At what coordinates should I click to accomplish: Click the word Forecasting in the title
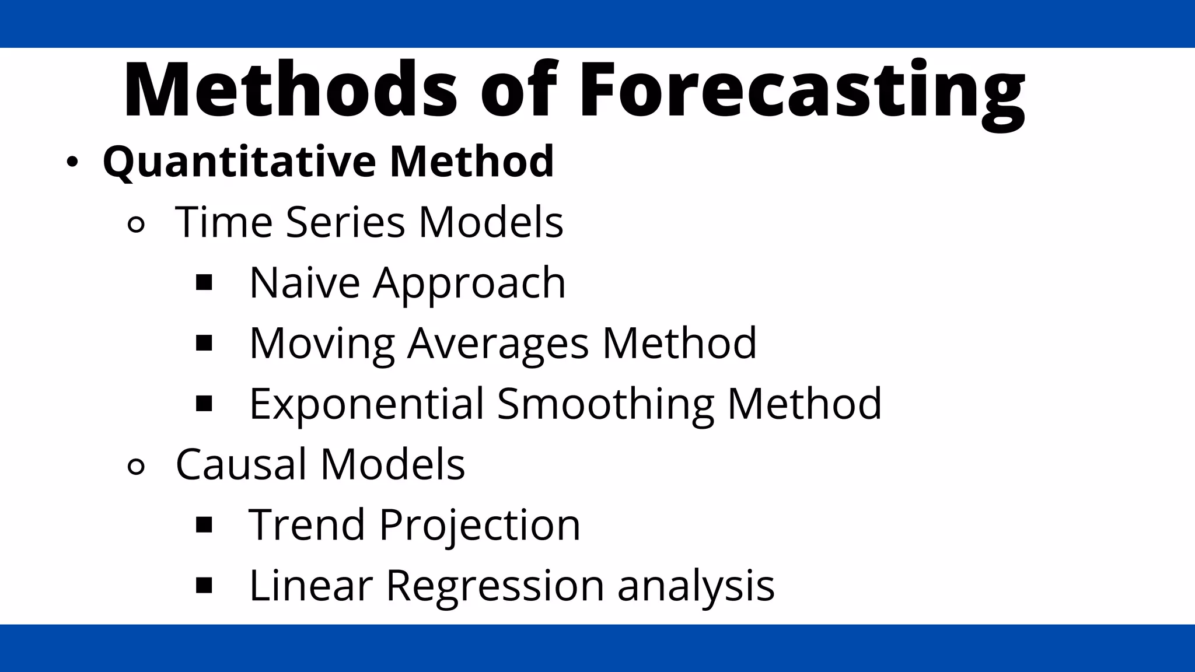(x=802, y=90)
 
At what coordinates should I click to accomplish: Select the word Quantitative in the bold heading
(x=239, y=162)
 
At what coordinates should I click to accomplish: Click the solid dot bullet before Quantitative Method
(x=72, y=163)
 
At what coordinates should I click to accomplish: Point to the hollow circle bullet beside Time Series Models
(x=135, y=225)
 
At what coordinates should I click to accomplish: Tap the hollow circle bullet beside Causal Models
(x=135, y=467)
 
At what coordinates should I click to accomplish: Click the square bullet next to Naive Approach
(x=204, y=283)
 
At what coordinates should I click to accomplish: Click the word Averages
(x=498, y=343)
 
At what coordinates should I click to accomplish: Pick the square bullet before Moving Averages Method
(x=204, y=343)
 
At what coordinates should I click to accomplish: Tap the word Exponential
(x=366, y=404)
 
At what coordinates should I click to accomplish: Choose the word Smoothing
(x=605, y=404)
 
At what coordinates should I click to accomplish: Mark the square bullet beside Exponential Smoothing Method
(x=204, y=404)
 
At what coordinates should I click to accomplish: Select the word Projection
(x=480, y=524)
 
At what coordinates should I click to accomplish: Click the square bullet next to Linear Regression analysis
(x=204, y=585)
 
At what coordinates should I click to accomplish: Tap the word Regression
(x=495, y=585)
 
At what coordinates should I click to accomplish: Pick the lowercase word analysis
(x=696, y=585)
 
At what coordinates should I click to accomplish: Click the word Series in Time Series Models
(x=345, y=222)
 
